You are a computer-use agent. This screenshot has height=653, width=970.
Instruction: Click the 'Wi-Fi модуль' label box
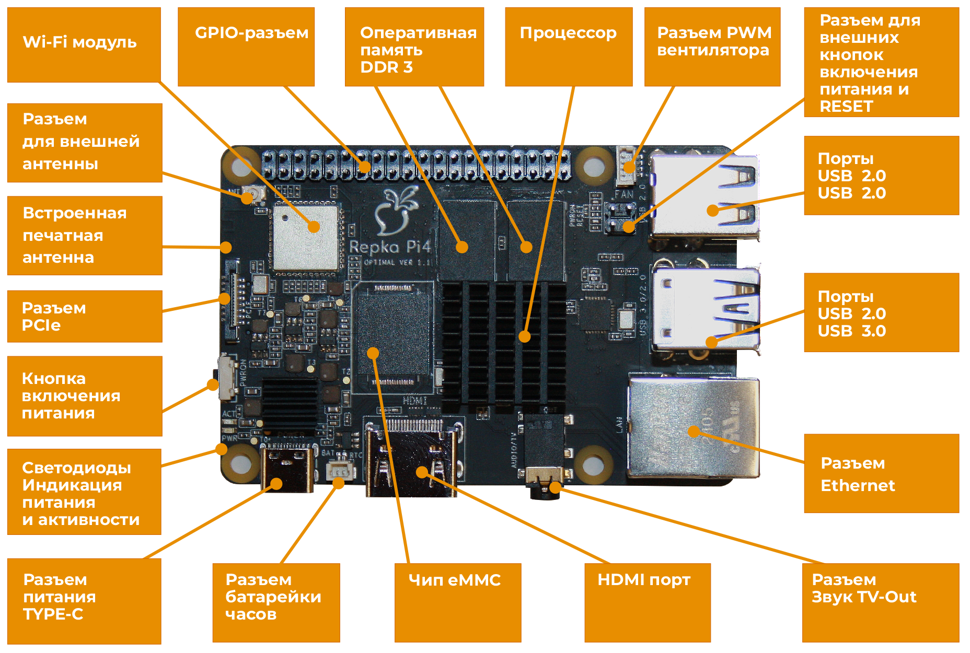pyautogui.click(x=84, y=44)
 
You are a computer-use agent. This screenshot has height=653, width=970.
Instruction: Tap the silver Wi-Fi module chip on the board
pyautogui.click(x=306, y=238)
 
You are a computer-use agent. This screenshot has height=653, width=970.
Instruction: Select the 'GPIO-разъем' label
pyautogui.click(x=246, y=46)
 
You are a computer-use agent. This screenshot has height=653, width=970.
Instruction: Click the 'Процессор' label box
pyautogui.click(x=568, y=46)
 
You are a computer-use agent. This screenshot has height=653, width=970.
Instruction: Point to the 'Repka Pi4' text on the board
pyautogui.click(x=389, y=247)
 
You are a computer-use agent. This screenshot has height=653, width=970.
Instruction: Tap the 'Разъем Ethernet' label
pyautogui.click(x=881, y=473)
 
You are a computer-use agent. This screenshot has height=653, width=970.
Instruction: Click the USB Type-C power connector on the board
pyautogui.click(x=287, y=468)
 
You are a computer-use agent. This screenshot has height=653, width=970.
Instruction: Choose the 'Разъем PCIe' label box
pyautogui.click(x=84, y=317)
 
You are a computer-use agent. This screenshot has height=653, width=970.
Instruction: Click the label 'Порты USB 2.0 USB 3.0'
pyautogui.click(x=881, y=313)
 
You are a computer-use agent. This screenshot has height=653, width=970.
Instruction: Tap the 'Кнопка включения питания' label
pyautogui.click(x=84, y=396)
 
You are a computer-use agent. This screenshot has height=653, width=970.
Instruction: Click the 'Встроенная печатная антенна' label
pyautogui.click(x=84, y=235)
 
